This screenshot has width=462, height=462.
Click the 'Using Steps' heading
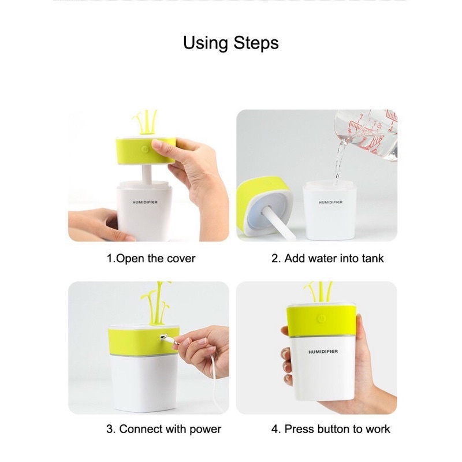230,43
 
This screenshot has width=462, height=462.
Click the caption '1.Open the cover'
151,258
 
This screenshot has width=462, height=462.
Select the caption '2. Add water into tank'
327,258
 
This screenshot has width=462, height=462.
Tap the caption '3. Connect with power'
164,429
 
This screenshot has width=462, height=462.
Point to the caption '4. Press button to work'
330,429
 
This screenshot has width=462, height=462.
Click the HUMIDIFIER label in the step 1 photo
145,202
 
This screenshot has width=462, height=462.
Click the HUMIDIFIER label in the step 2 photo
330,202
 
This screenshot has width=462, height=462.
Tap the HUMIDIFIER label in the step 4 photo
323,352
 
